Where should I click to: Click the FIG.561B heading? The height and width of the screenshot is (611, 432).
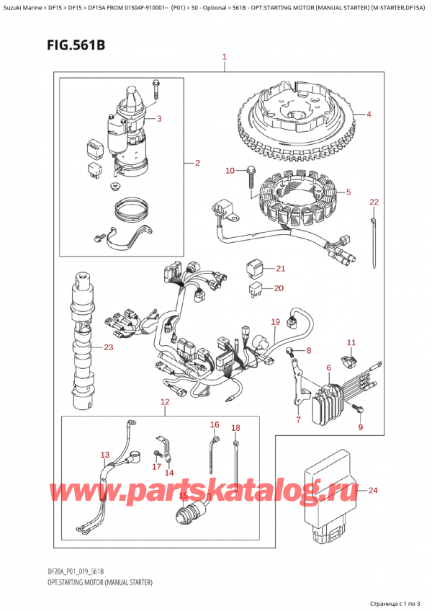pos(76,45)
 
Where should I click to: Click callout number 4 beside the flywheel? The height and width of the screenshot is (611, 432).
pos(369,114)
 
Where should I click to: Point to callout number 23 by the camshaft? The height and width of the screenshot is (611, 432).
pos(108,347)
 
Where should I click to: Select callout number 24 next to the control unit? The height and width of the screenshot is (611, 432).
pos(373,490)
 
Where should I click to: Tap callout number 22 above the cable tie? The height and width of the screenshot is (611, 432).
pos(374,202)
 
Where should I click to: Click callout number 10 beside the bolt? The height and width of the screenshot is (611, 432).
pos(230,170)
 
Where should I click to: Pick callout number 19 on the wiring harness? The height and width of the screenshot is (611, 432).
pos(276,322)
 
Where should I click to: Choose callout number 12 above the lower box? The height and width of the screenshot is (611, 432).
pos(165,402)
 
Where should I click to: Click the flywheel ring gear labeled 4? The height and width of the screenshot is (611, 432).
pos(297,124)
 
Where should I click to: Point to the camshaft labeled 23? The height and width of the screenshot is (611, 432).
pos(84,342)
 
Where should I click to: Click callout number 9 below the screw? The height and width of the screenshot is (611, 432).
pos(361,427)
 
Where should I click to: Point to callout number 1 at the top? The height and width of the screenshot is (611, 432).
pos(225,58)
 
